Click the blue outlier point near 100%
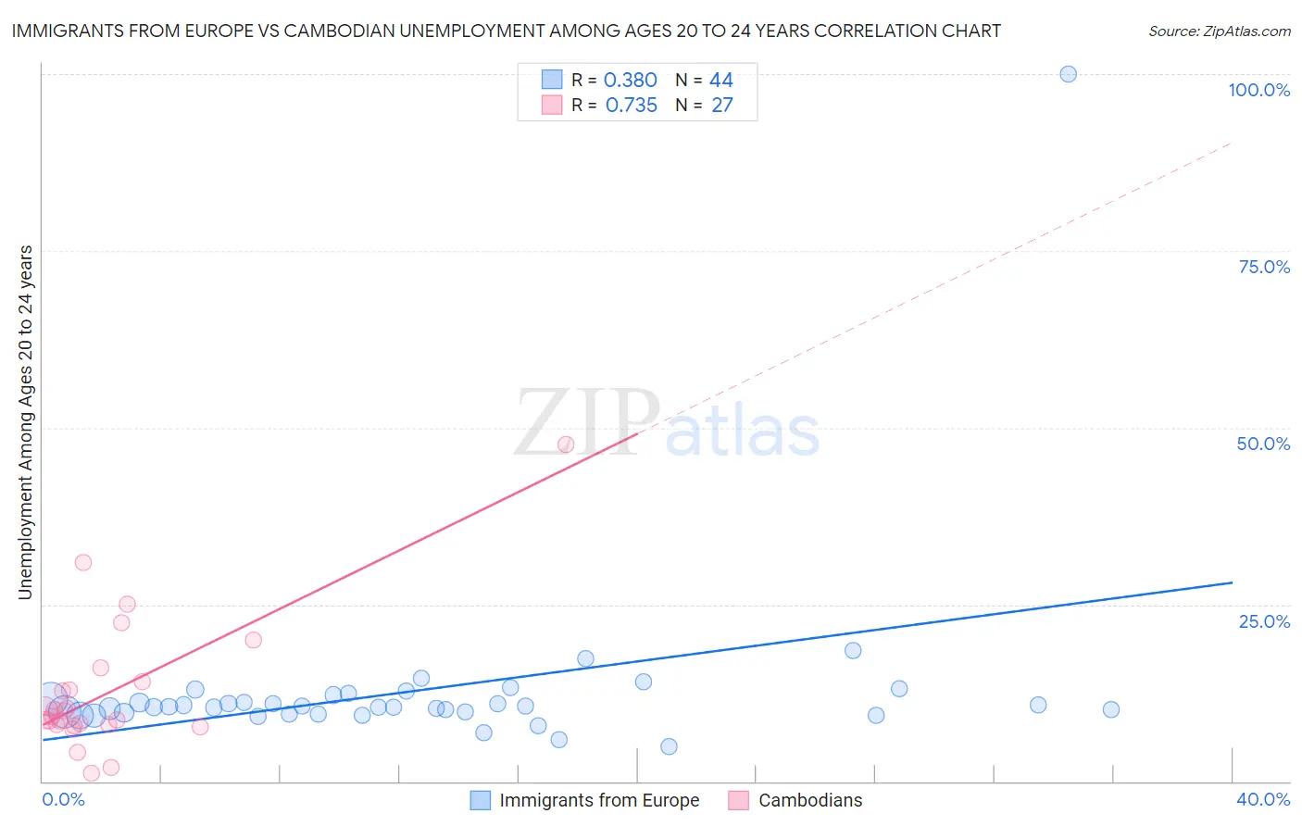1068,74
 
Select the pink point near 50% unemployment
566,444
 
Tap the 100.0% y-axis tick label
1258,90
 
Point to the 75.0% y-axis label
1264,267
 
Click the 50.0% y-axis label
1263,444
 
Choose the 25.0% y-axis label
1264,621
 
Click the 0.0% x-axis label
64,799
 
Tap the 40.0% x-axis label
1263,799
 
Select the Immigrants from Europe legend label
599,800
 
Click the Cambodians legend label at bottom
810,800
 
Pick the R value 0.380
630,80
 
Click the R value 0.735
631,105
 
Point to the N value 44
721,80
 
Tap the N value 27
721,105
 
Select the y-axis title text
25,421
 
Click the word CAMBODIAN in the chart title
339,31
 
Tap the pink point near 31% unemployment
83,562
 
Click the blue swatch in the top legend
552,80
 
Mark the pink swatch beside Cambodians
738,800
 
